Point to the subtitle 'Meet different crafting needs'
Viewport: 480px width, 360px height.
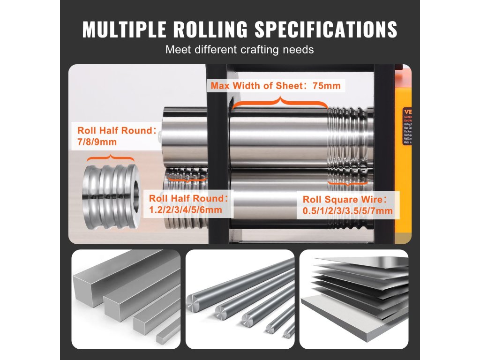tap(240, 49)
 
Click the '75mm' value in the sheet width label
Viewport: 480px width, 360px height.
tap(326, 86)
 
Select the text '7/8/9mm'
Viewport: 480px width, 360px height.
tap(97, 141)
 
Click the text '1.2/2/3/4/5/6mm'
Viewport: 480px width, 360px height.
tap(185, 210)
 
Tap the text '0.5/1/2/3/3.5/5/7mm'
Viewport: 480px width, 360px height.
tap(348, 211)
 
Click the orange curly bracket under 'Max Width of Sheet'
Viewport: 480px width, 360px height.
tap(279, 102)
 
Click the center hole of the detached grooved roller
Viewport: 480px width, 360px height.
tap(135, 194)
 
